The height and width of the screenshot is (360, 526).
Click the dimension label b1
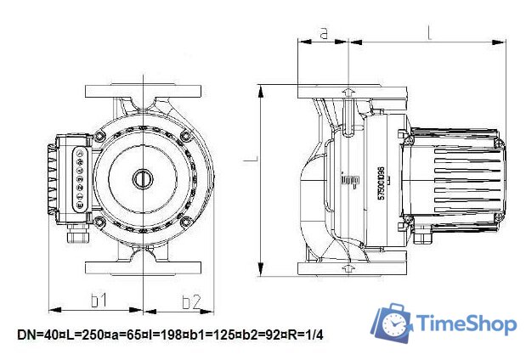98,301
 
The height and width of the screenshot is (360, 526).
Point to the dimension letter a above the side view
323,33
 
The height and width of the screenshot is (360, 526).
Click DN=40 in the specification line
35,336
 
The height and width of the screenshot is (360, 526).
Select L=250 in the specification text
78,336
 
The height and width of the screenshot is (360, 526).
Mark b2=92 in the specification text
258,336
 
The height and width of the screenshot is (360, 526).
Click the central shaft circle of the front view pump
140,179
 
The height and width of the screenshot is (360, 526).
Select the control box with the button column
74,179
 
